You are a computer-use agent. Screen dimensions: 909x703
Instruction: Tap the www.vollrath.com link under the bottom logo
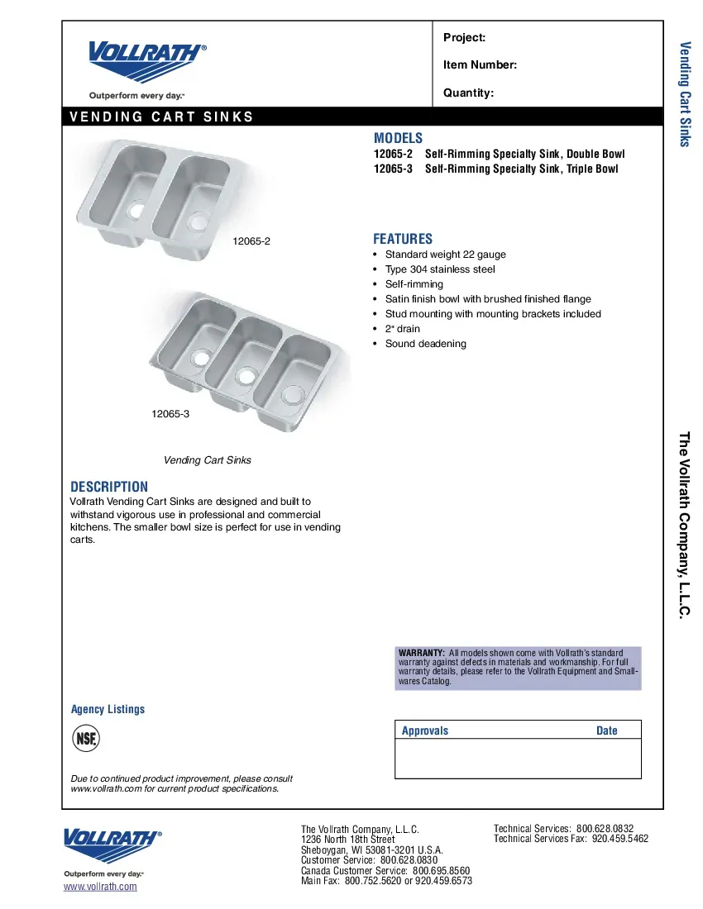pyautogui.click(x=100, y=887)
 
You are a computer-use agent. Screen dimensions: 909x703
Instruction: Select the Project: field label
pyautogui.click(x=464, y=37)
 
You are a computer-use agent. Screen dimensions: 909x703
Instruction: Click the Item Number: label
pyautogui.click(x=480, y=65)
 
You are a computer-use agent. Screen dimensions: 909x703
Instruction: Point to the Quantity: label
pyautogui.click(x=468, y=93)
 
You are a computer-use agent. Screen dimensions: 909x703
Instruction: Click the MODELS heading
pyautogui.click(x=398, y=138)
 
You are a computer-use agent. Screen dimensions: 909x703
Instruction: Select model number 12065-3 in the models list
pyautogui.click(x=392, y=169)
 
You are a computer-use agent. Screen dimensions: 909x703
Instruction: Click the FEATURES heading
pyautogui.click(x=403, y=239)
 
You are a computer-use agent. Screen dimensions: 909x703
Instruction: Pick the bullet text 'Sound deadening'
pyautogui.click(x=425, y=344)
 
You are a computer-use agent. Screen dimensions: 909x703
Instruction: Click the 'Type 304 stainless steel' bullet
pyautogui.click(x=440, y=269)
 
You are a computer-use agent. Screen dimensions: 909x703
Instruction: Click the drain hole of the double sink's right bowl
pyautogui.click(x=198, y=221)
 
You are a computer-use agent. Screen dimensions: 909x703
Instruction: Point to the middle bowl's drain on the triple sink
pyautogui.click(x=245, y=375)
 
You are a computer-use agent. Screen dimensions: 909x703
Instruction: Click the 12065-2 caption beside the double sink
pyautogui.click(x=252, y=241)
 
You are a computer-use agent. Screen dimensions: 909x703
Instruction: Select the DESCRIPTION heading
pyautogui.click(x=109, y=487)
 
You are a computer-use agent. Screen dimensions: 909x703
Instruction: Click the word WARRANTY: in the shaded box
pyautogui.click(x=422, y=653)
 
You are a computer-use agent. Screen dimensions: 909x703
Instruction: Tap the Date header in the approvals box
pyautogui.click(x=606, y=731)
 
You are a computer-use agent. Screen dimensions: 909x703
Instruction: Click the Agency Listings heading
pyautogui.click(x=108, y=709)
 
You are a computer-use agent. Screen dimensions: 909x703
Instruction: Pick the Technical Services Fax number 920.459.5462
pyautogui.click(x=620, y=838)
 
